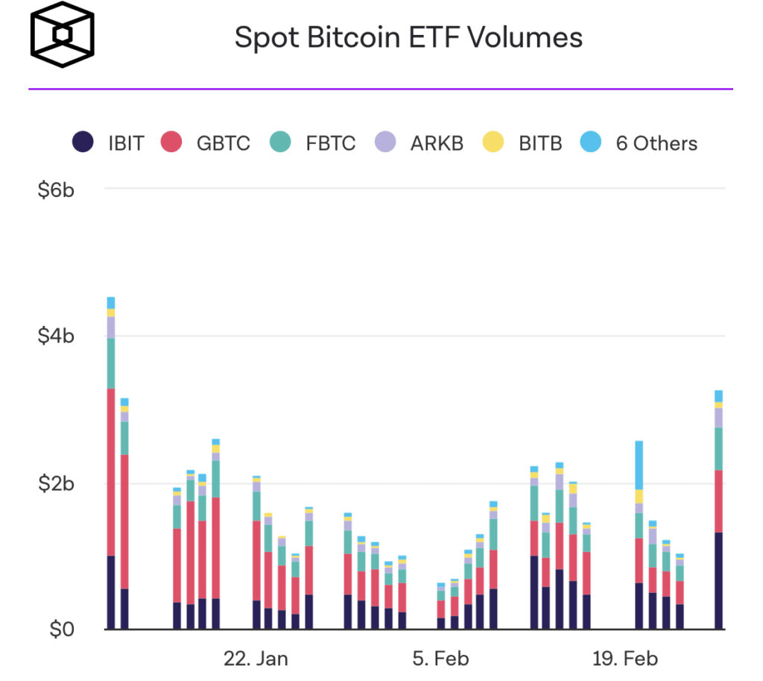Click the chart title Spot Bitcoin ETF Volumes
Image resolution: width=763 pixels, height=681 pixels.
[x=408, y=37]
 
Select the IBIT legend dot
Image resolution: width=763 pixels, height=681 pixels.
[x=83, y=142]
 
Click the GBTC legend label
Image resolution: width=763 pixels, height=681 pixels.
[x=224, y=143]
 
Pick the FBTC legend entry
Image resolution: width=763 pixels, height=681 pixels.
[x=330, y=143]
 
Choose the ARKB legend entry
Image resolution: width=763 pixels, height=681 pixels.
[x=437, y=143]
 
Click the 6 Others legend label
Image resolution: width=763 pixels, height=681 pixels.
[x=656, y=143]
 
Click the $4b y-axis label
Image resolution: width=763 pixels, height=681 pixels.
[x=56, y=336]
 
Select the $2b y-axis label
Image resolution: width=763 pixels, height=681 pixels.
[x=56, y=483]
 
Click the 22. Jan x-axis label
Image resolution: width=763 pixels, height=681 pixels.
[x=256, y=659]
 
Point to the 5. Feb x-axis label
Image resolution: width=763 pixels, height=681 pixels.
[x=440, y=659]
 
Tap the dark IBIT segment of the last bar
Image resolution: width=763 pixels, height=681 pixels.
[x=719, y=581]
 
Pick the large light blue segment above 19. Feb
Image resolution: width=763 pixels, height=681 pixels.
[x=639, y=465]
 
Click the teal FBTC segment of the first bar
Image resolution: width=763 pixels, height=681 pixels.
[x=111, y=363]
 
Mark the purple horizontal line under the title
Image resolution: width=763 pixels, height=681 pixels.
[x=381, y=89]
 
